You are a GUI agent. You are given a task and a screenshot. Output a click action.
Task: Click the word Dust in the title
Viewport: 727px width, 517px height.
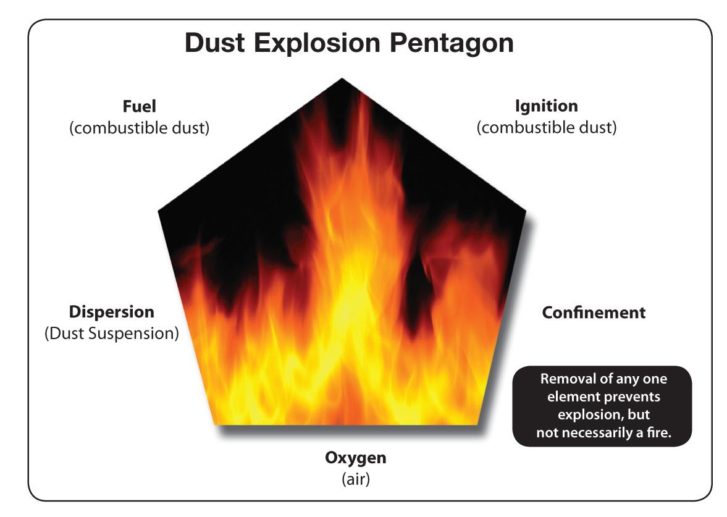pyautogui.click(x=215, y=43)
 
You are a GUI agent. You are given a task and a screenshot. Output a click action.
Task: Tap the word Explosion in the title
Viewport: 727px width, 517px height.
pyautogui.click(x=317, y=43)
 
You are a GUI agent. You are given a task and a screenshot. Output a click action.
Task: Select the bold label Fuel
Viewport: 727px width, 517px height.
pyautogui.click(x=139, y=106)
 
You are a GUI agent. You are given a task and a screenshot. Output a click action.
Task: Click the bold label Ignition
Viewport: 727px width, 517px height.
pyautogui.click(x=547, y=106)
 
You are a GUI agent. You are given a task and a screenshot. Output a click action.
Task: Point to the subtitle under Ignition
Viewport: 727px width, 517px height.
pyautogui.click(x=547, y=127)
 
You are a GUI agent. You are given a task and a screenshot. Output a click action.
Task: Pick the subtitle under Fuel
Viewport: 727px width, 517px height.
pyautogui.click(x=140, y=127)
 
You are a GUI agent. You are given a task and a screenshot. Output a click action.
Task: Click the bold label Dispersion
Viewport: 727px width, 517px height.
pyautogui.click(x=112, y=312)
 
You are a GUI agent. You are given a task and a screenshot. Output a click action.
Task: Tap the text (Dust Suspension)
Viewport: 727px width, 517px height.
pyautogui.click(x=112, y=334)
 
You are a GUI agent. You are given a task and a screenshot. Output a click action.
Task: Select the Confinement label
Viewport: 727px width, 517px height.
pyautogui.click(x=594, y=313)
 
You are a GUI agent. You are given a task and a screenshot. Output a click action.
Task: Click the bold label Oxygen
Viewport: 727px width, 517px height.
pyautogui.click(x=356, y=458)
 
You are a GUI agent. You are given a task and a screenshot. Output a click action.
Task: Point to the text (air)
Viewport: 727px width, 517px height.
pyautogui.click(x=356, y=479)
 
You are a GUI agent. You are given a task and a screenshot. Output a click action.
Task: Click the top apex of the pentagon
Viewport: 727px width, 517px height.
pyautogui.click(x=342, y=78)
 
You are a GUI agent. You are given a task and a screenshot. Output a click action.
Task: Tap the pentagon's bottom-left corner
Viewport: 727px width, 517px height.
pyautogui.click(x=215, y=424)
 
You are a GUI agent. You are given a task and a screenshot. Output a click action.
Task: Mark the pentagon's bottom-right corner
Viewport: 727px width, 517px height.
pyautogui.click(x=477, y=424)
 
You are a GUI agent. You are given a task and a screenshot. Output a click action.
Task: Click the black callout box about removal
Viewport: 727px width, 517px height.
pyautogui.click(x=602, y=406)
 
